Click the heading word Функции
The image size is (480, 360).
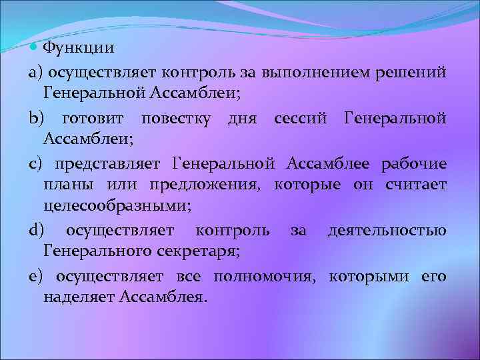78,49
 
